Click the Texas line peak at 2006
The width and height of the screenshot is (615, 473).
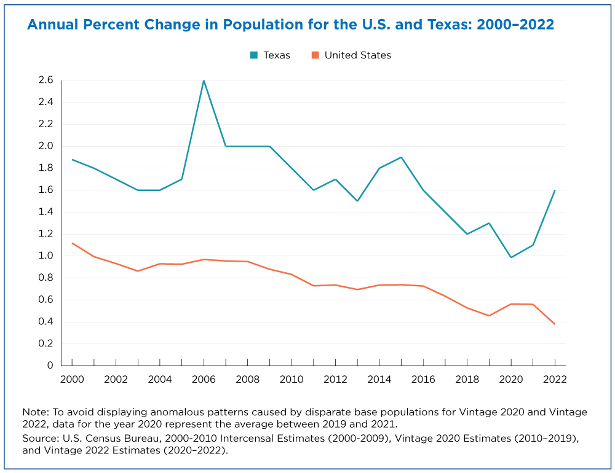click(204, 80)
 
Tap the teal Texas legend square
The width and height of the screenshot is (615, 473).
click(253, 55)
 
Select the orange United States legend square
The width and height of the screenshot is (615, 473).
click(315, 55)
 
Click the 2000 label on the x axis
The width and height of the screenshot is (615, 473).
click(72, 380)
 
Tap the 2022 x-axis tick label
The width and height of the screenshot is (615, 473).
click(555, 380)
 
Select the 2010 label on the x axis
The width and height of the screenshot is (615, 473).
click(292, 380)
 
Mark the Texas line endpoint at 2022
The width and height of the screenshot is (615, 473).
click(555, 190)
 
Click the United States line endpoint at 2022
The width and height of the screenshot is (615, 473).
click(555, 324)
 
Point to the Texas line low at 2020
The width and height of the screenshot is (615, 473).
click(510, 257)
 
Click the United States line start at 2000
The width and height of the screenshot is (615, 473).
click(72, 243)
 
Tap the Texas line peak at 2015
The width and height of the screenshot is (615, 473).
click(401, 157)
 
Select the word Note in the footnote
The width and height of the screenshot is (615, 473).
click(33, 412)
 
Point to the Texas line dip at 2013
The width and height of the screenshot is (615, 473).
click(357, 201)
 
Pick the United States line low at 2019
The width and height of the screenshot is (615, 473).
click(489, 316)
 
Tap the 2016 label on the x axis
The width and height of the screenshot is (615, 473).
click(423, 380)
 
